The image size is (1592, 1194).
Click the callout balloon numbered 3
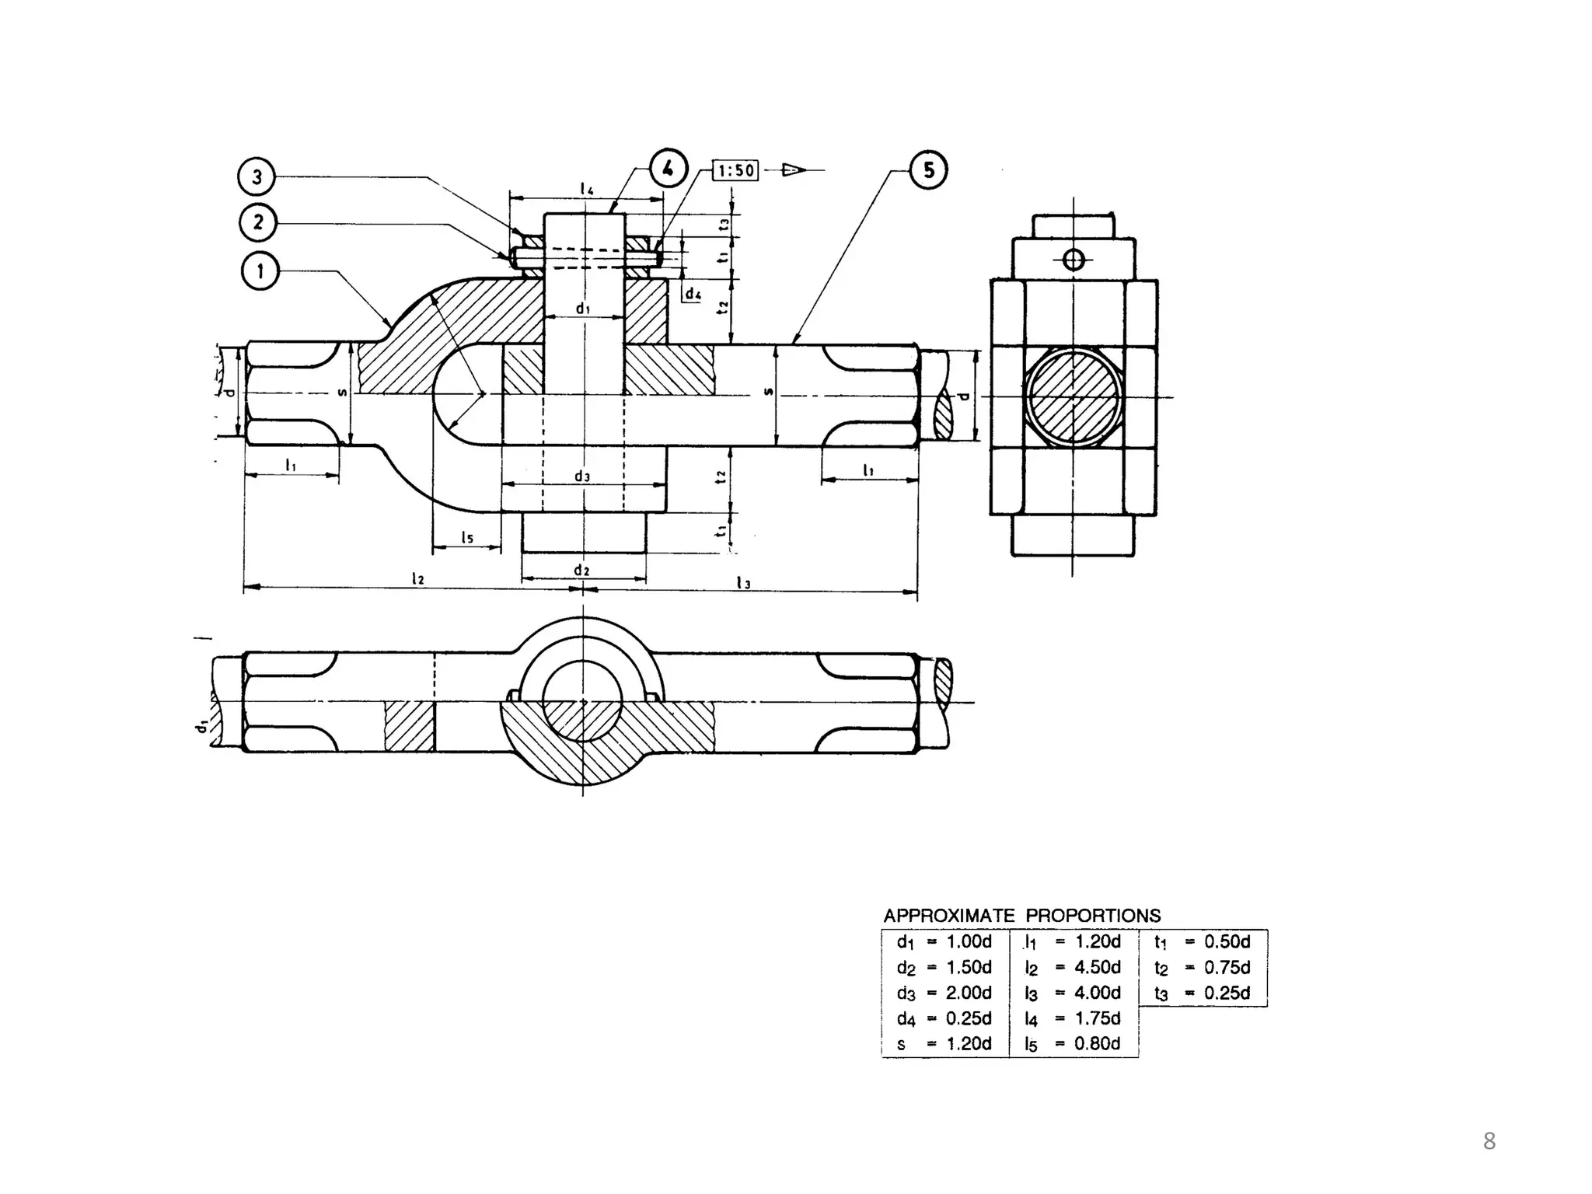257,177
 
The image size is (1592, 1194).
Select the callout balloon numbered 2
257,223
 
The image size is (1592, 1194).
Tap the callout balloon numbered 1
260,271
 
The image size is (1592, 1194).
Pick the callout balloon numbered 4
668,168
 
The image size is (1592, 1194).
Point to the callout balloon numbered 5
929,170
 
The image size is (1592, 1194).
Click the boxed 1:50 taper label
735,170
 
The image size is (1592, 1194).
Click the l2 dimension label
418,578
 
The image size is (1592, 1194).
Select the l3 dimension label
744,582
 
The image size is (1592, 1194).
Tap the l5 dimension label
466,537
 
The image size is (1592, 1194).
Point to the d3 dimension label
582,477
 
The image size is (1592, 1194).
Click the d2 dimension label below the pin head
582,570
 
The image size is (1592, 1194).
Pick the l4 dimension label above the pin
587,189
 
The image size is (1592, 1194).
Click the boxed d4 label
693,295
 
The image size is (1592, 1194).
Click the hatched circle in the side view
1074,397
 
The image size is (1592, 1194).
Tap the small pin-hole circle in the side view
1073,260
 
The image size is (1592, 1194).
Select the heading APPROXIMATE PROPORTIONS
1021,915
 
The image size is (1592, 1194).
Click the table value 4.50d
1097,967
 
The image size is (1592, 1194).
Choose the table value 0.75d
1227,967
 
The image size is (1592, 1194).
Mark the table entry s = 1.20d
944,1044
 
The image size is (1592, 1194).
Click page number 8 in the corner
1489,1142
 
